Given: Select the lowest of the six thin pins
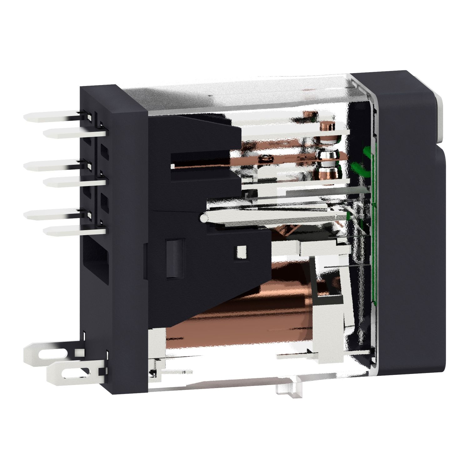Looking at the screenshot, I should pyautogui.click(x=72, y=231).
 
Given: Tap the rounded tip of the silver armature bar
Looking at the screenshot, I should pyautogui.click(x=204, y=217).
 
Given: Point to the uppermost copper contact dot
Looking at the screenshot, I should pyautogui.click(x=327, y=127).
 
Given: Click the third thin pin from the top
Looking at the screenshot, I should pyautogui.click(x=53, y=166).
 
